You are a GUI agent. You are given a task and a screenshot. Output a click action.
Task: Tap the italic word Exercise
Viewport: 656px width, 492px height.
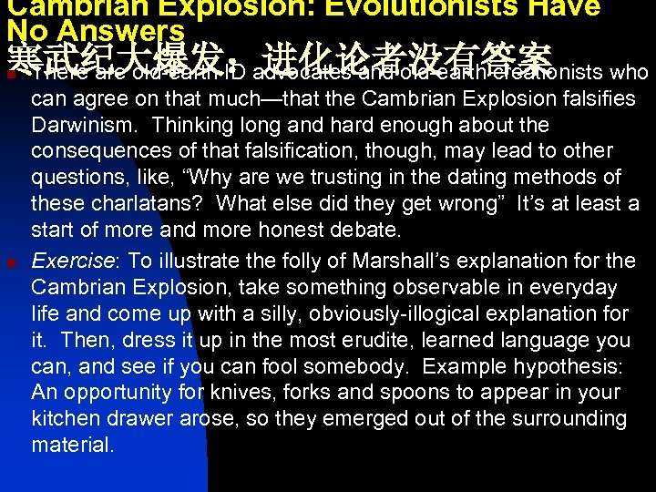tap(73, 261)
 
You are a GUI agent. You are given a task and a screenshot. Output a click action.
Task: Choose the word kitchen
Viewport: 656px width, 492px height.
tap(67, 419)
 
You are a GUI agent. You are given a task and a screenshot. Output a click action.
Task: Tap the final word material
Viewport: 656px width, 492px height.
tap(73, 446)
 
